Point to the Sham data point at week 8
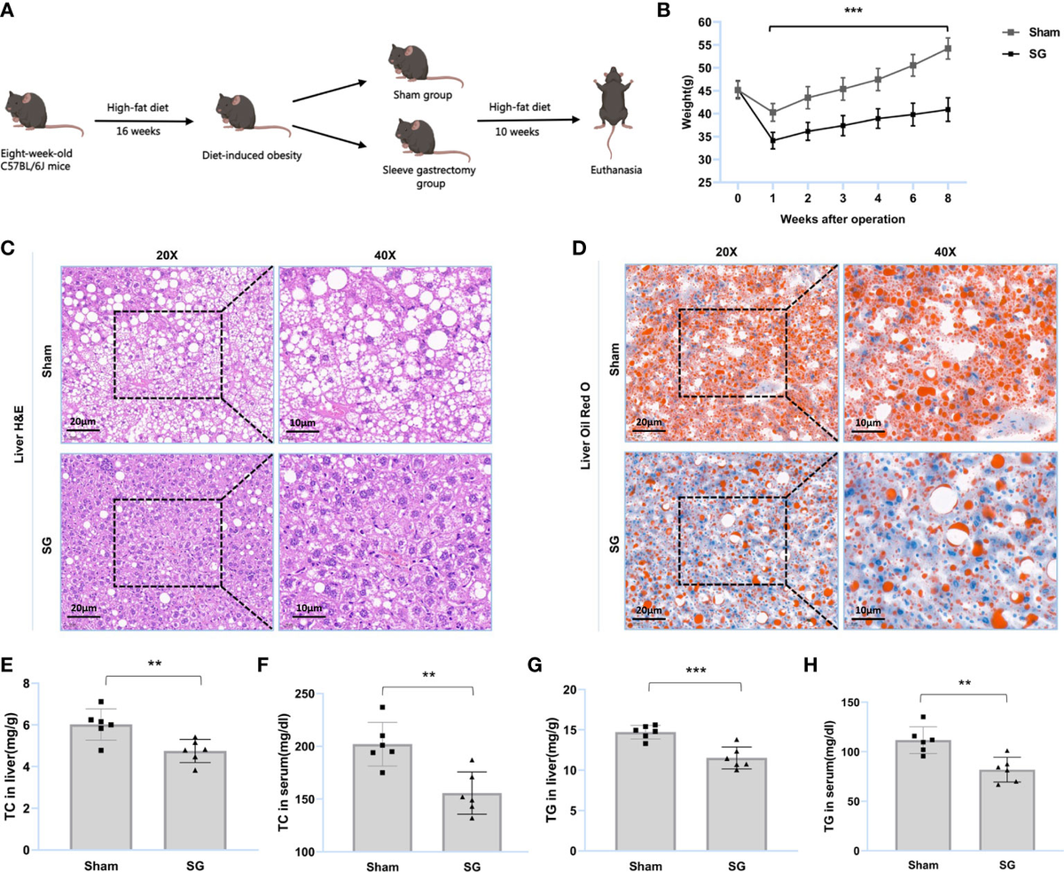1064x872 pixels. [x=948, y=49]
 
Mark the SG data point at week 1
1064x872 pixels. [x=771, y=140]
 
